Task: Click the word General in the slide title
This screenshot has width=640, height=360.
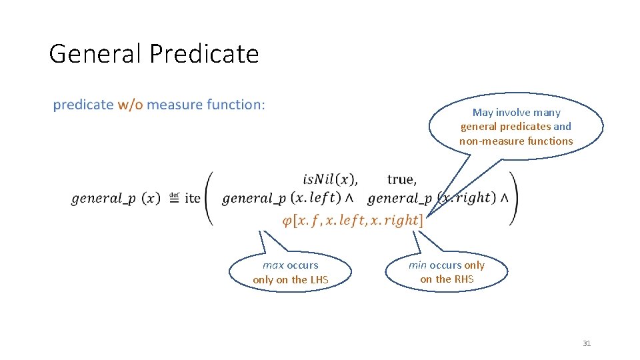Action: click(95, 53)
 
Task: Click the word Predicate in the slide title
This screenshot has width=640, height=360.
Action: click(203, 53)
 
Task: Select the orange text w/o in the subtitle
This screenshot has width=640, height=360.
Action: click(130, 105)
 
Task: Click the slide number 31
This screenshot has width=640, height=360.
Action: click(587, 343)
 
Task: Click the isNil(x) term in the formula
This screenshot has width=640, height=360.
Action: click(330, 179)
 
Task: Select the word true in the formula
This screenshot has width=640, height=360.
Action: click(401, 179)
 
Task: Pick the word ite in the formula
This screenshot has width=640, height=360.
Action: click(192, 198)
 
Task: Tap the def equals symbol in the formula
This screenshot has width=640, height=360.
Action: click(173, 197)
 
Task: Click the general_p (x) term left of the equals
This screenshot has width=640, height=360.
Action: click(115, 199)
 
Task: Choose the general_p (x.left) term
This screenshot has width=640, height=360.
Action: click(286, 198)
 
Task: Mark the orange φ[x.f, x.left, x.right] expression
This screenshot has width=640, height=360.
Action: click(352, 220)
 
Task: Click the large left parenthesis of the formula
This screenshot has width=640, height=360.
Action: click(209, 198)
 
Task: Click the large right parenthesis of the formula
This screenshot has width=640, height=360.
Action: click(513, 198)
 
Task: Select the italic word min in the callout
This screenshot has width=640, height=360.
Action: click(417, 265)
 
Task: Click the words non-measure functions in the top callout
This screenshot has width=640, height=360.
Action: click(516, 141)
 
